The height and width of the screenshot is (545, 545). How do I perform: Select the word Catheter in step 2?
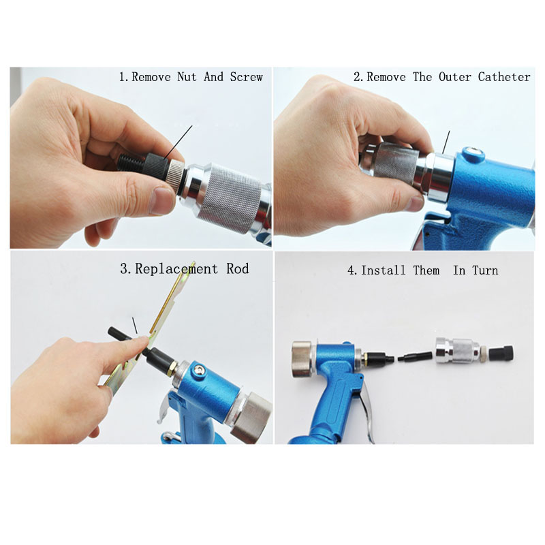coord(503,77)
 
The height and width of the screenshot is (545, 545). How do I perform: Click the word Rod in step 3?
coord(237,268)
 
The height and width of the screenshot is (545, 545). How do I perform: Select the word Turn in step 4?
coord(485,270)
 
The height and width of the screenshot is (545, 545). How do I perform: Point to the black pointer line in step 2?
coord(446,142)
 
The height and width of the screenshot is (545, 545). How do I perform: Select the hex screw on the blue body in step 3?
coord(197,369)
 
